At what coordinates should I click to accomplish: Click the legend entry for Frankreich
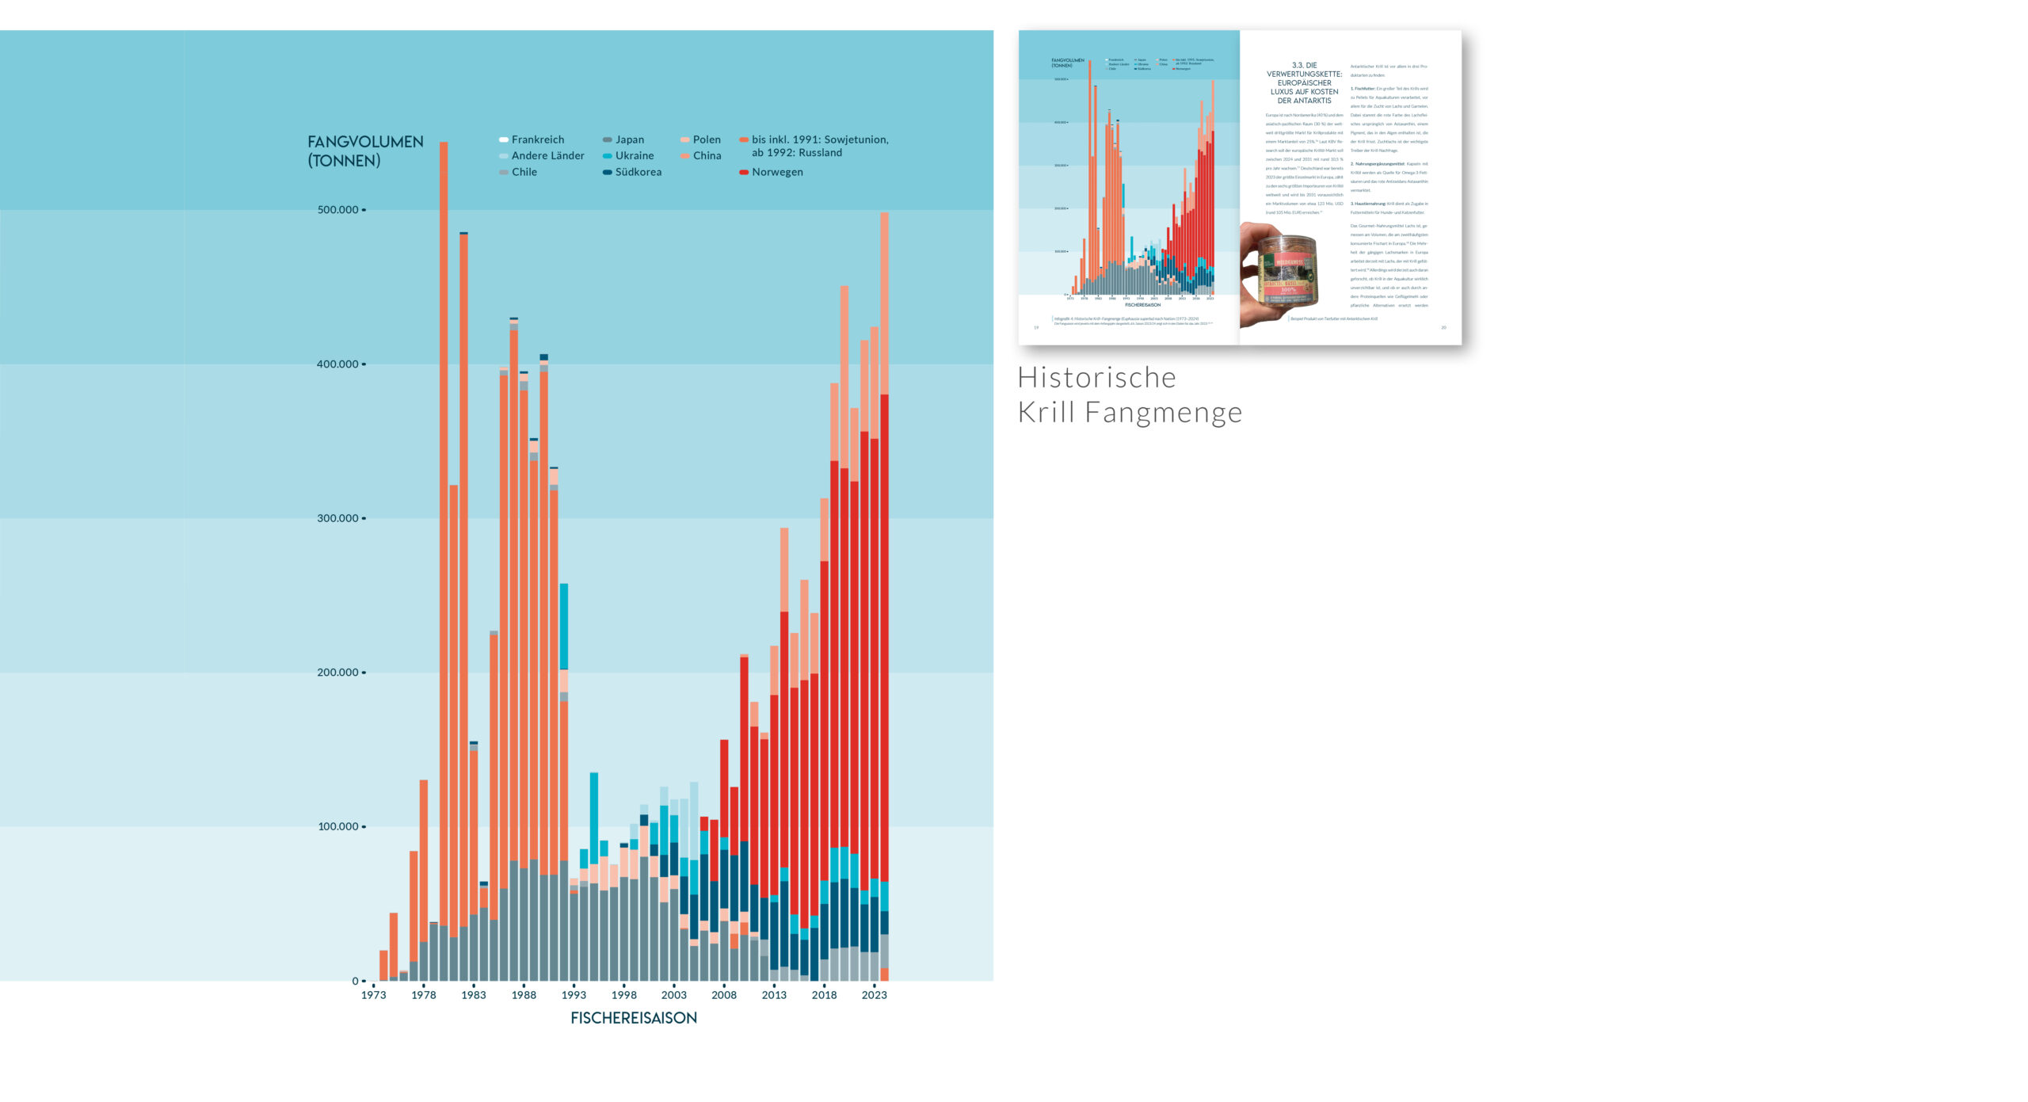[x=537, y=139]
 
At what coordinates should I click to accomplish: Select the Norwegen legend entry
[x=776, y=172]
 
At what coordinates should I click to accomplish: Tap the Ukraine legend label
[x=634, y=156]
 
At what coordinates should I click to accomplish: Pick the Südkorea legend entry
[x=638, y=172]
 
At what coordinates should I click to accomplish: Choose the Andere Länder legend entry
[x=547, y=156]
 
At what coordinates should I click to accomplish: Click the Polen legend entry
[x=706, y=139]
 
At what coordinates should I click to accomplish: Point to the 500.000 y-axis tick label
[x=338, y=210]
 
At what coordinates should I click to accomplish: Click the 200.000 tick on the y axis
[x=338, y=673]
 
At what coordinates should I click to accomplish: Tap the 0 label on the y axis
[x=355, y=981]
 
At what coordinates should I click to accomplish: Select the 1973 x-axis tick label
[x=373, y=995]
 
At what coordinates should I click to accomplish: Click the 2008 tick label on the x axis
[x=724, y=995]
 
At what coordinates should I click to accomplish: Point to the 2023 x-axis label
[x=874, y=995]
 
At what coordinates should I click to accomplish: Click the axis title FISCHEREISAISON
[x=634, y=1018]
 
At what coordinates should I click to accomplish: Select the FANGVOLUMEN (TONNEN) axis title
[x=365, y=151]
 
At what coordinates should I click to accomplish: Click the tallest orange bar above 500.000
[x=444, y=475]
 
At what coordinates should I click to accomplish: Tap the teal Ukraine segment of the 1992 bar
[x=564, y=626]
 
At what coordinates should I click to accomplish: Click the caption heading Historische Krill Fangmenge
[x=1130, y=395]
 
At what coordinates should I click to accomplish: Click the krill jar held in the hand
[x=1287, y=271]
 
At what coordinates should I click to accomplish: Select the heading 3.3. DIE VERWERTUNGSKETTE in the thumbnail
[x=1304, y=83]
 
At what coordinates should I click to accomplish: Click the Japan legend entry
[x=629, y=139]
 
